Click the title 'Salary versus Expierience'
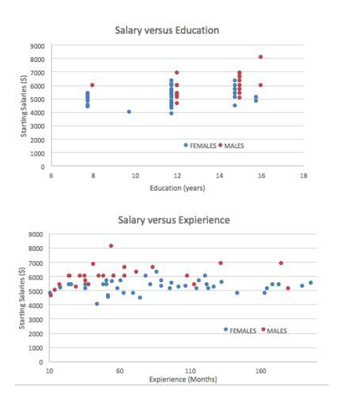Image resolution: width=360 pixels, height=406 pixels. (174, 220)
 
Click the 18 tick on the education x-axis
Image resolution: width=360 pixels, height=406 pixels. (303, 175)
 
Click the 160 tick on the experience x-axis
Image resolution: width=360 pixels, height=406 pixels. (260, 371)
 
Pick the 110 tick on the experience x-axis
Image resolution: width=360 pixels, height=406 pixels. (190, 371)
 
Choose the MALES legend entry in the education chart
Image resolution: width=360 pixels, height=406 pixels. (233, 146)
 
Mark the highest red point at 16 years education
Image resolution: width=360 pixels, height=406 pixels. (261, 57)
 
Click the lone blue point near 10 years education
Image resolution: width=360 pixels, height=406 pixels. (129, 112)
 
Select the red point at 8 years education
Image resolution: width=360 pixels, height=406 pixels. (92, 85)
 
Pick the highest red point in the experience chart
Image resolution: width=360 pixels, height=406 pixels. (111, 246)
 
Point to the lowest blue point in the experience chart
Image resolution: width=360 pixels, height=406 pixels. (97, 304)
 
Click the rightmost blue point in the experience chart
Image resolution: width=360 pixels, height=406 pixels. (310, 282)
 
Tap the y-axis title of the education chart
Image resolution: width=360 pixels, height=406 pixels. (23, 105)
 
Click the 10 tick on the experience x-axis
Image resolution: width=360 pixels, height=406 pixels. (49, 371)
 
